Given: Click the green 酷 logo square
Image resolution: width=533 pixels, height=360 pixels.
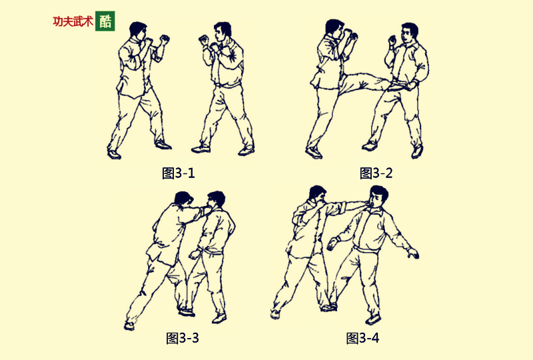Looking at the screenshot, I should (105, 21).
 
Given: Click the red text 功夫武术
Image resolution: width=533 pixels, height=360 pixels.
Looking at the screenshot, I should (73, 21).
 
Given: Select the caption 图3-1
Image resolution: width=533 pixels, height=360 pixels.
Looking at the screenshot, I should (179, 173).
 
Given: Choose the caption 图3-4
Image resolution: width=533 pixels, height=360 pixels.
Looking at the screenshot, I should (363, 337).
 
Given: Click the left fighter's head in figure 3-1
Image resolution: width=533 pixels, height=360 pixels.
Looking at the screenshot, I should (138, 32).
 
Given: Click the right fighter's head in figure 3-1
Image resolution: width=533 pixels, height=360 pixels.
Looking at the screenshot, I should (221, 33).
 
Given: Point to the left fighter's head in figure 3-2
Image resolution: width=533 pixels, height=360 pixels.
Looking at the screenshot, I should (334, 29).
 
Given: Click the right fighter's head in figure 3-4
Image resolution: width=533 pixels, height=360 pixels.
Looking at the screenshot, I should (378, 197).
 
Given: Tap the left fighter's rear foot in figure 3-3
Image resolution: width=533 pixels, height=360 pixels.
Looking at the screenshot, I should (129, 325).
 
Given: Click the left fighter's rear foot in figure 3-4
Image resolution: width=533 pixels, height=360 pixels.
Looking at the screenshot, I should (275, 313).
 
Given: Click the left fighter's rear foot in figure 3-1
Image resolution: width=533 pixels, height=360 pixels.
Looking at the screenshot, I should (113, 154).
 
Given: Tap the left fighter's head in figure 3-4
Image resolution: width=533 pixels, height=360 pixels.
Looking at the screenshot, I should (316, 195).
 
